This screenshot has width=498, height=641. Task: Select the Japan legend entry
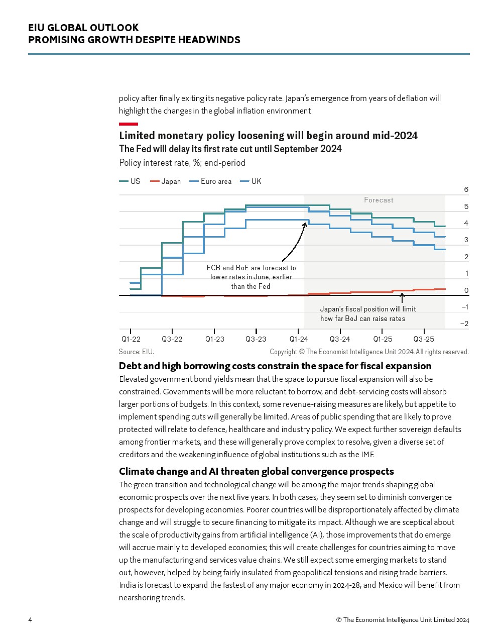(166, 181)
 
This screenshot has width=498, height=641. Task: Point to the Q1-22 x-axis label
(131, 339)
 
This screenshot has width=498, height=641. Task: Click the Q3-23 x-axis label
(256, 339)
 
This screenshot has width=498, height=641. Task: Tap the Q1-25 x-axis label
(383, 339)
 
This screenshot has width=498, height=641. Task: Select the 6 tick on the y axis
(466, 189)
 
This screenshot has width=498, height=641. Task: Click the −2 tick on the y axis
(464, 324)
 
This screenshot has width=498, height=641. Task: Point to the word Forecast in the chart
(379, 200)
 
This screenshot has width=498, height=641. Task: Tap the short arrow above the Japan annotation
(402, 298)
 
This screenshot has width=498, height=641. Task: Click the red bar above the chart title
(129, 124)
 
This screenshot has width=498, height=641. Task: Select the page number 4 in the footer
(30, 620)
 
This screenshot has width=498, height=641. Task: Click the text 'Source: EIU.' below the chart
(137, 352)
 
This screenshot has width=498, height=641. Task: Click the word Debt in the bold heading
(130, 366)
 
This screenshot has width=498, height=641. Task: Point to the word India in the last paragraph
(128, 585)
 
